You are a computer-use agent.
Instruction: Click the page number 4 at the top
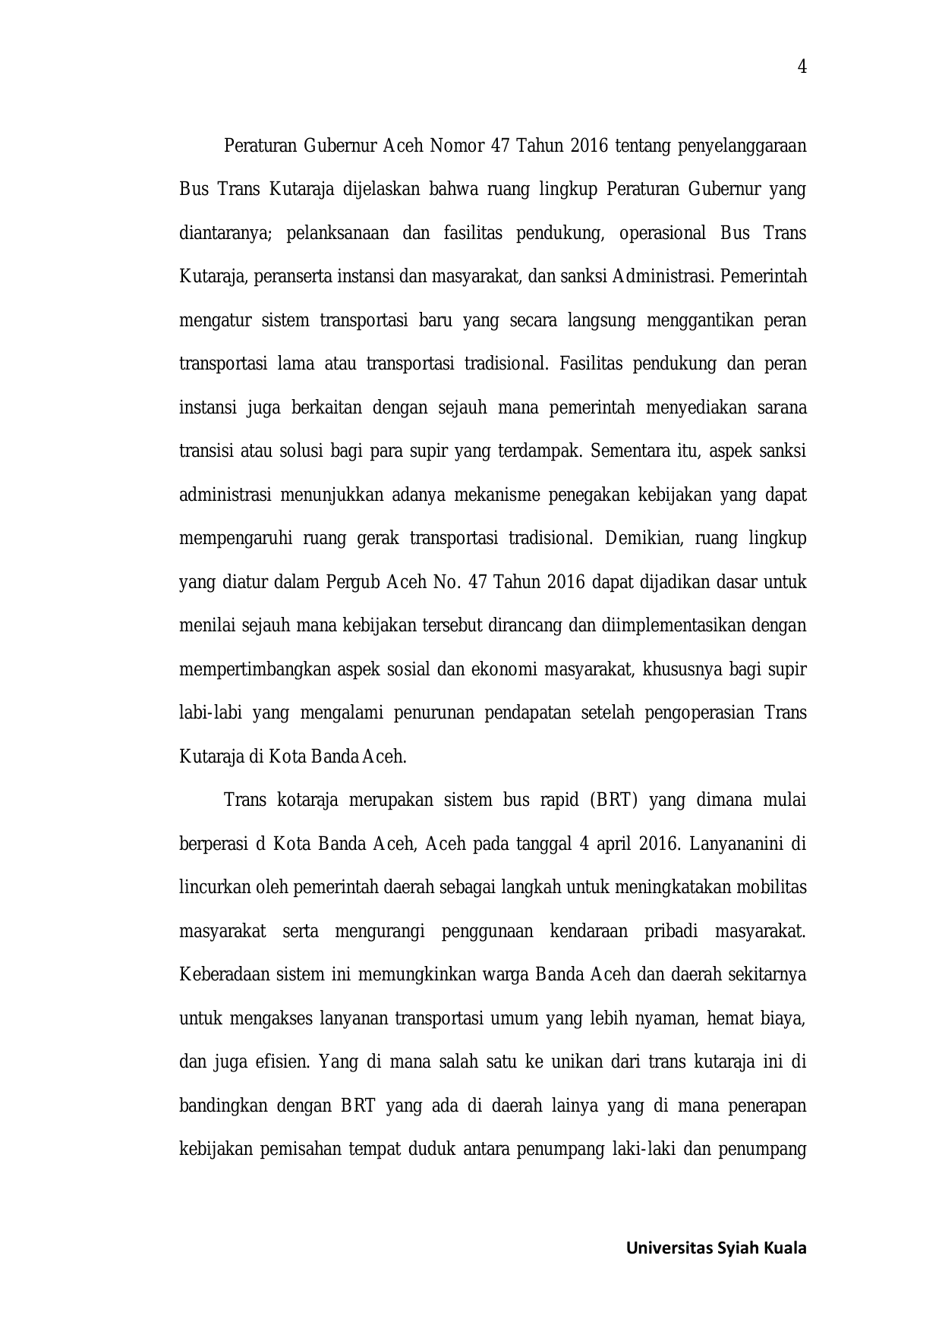tap(802, 68)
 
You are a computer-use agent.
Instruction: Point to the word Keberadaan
tap(225, 975)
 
